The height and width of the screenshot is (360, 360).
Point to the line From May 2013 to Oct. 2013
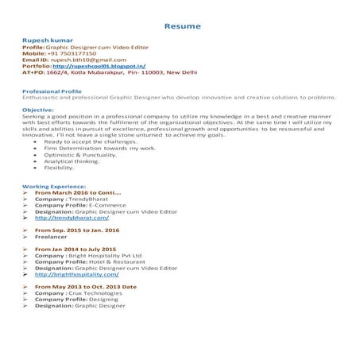(x=86, y=286)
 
